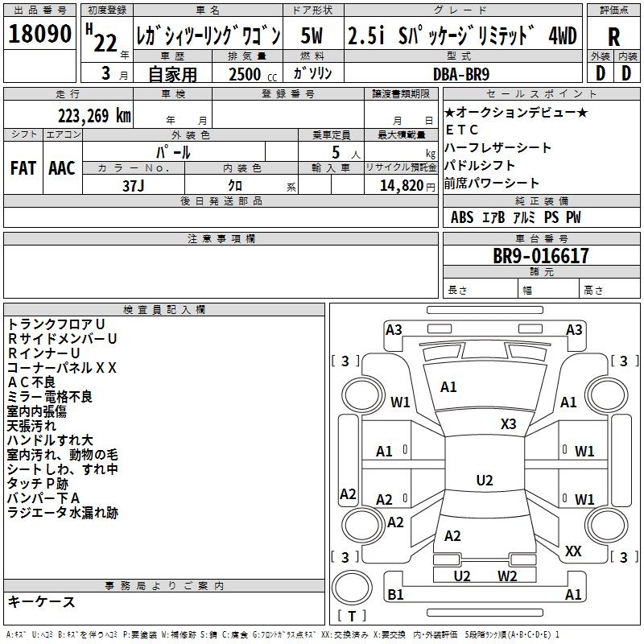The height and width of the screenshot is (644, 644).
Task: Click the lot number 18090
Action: tap(39, 35)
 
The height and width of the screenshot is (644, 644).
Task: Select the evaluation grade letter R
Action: tap(613, 37)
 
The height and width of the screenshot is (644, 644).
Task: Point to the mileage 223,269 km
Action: tap(94, 115)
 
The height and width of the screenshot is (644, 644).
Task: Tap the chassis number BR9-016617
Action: tap(541, 257)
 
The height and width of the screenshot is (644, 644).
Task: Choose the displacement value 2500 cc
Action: tap(252, 74)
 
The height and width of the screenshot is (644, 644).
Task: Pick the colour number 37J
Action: tap(134, 184)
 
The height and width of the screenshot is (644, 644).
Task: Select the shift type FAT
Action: tap(23, 168)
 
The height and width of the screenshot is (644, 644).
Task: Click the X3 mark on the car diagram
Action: tap(508, 423)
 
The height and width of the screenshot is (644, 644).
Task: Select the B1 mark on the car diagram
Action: tap(395, 594)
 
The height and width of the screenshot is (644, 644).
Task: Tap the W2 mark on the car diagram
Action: tap(507, 576)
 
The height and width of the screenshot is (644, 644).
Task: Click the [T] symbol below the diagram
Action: tap(352, 617)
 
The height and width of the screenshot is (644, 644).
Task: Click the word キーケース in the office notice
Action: tap(41, 602)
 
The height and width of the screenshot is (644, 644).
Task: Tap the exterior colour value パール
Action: tap(174, 152)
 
